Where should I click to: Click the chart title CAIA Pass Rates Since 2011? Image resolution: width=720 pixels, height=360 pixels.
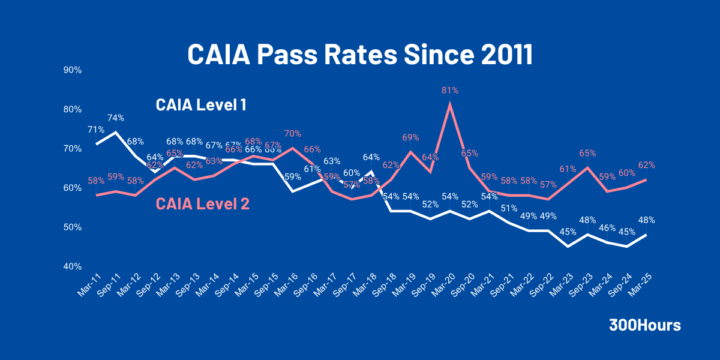pyautogui.click(x=360, y=55)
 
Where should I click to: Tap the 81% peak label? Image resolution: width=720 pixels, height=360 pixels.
pyautogui.click(x=450, y=90)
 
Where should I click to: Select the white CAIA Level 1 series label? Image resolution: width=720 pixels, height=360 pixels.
pyautogui.click(x=201, y=105)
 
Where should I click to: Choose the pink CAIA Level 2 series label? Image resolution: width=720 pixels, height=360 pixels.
pyautogui.click(x=202, y=204)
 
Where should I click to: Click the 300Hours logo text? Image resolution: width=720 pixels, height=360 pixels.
pyautogui.click(x=645, y=325)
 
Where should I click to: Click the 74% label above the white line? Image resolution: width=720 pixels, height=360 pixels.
pyautogui.click(x=116, y=118)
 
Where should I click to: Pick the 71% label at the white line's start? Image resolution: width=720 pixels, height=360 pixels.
pyautogui.click(x=97, y=130)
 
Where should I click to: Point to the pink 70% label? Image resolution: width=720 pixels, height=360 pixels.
pyautogui.click(x=292, y=134)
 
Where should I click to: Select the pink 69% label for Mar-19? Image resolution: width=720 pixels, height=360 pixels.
pyautogui.click(x=410, y=137)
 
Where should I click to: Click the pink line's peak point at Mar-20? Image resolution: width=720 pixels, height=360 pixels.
pyautogui.click(x=450, y=104)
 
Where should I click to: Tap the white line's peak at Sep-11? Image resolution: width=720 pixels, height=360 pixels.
pyautogui.click(x=116, y=132)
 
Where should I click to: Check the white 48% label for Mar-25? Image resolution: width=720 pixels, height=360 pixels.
pyautogui.click(x=646, y=220)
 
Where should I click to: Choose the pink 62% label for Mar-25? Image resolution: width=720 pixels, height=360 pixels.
pyautogui.click(x=646, y=165)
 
